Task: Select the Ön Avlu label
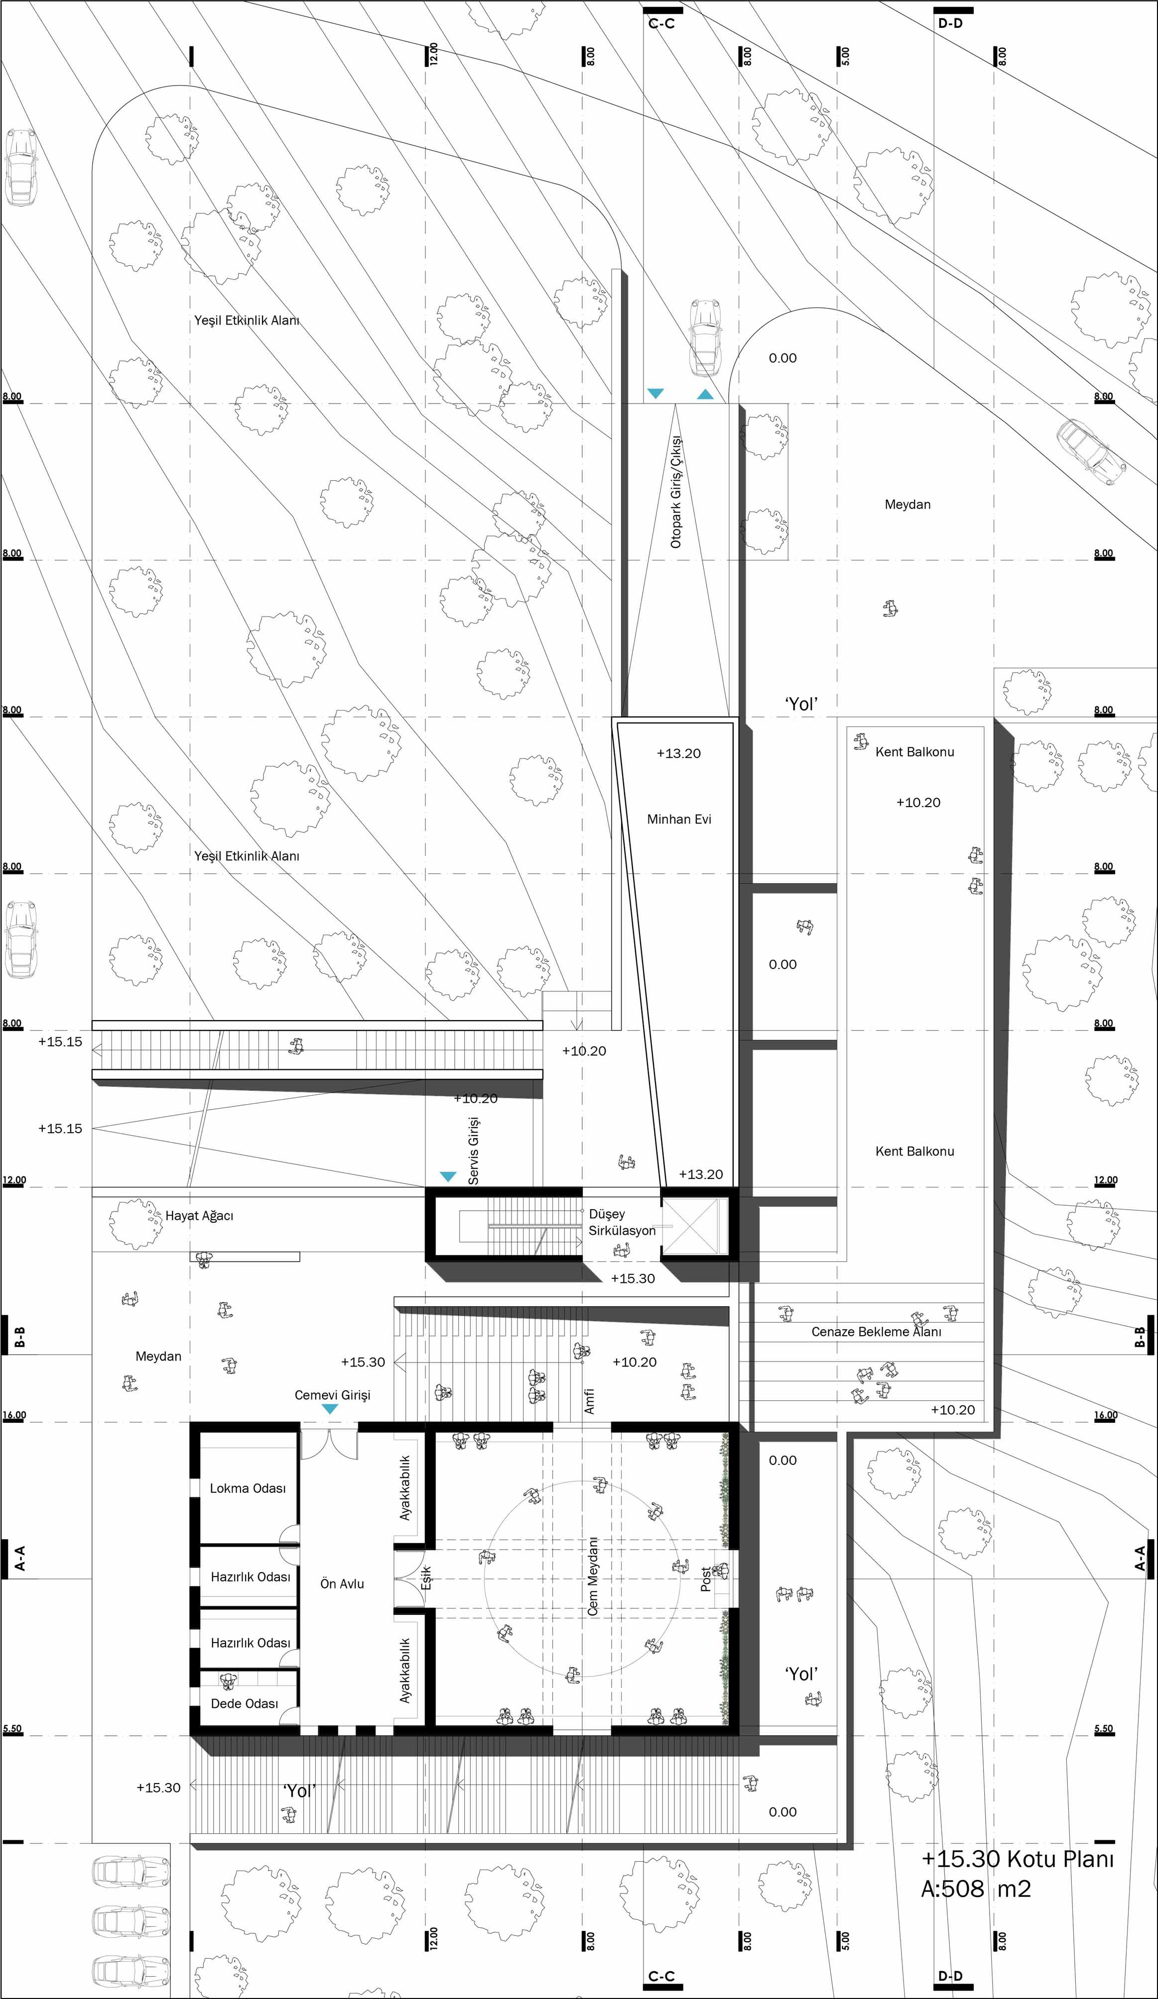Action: pos(342,1584)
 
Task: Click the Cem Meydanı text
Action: pos(593,1576)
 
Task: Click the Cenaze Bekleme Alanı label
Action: pos(876,1332)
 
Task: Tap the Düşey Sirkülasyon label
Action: pos(622,1222)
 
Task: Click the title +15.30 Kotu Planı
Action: pos(1018,1859)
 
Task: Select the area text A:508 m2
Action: pos(975,1890)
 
